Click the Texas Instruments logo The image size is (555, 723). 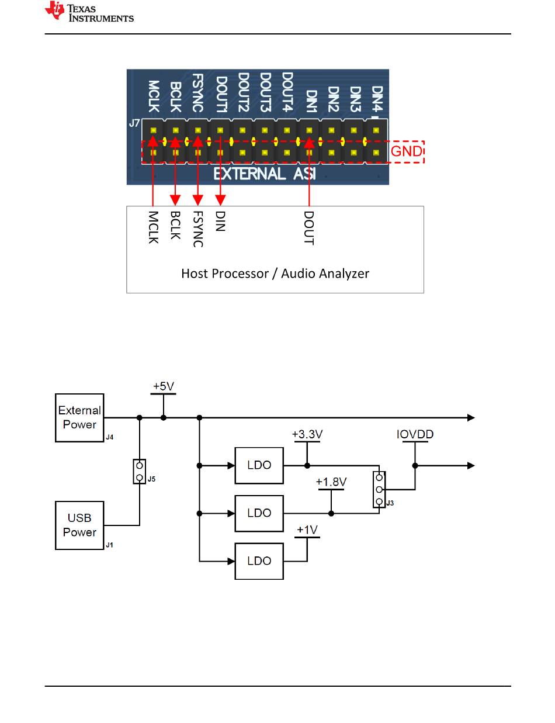point(89,12)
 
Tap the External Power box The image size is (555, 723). point(79,418)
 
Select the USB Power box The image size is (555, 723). point(79,525)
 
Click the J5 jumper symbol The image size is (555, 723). point(139,471)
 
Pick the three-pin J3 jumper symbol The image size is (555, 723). point(380,490)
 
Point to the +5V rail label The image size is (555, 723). point(164,387)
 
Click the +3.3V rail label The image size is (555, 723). point(307,435)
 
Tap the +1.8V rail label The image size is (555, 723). point(331,483)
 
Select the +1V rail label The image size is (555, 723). point(307,530)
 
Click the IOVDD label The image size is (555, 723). point(415,435)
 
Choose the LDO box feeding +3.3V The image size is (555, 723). point(259,466)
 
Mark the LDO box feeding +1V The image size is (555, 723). point(259,561)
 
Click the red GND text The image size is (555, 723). point(407,152)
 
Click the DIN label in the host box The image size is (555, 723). point(220,221)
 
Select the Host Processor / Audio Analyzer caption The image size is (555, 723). point(275,274)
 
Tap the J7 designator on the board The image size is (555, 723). point(134,124)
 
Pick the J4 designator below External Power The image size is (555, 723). point(109,437)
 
